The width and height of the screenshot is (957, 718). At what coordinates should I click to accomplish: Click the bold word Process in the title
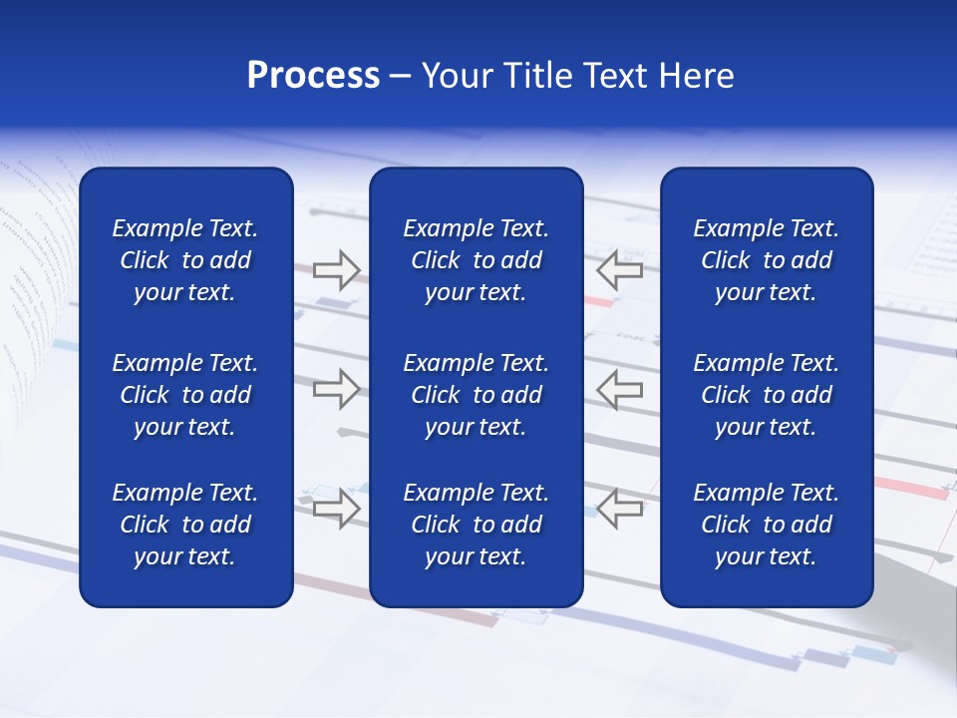tap(313, 76)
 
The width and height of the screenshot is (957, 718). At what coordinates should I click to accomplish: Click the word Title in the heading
tap(536, 76)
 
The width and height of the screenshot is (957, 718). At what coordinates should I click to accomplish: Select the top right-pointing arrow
tap(336, 269)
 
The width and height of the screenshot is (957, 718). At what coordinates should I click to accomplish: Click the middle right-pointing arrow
tap(336, 389)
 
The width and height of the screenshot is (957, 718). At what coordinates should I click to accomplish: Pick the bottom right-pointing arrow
tap(336, 508)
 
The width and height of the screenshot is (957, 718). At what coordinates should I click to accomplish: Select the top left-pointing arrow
tap(620, 269)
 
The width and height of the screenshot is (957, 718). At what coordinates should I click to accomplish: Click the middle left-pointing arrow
tap(620, 389)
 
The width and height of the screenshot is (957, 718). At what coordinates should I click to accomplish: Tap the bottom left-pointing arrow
tap(620, 508)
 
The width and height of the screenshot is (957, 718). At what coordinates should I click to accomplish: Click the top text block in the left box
tap(185, 260)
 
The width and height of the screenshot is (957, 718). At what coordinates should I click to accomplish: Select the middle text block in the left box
tap(185, 395)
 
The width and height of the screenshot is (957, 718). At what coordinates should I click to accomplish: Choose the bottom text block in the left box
tap(185, 525)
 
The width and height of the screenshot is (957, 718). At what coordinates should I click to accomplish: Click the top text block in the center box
tap(476, 260)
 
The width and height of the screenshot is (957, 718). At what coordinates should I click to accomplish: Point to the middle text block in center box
tap(476, 395)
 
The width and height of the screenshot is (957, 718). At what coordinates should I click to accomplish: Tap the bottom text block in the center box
tap(476, 525)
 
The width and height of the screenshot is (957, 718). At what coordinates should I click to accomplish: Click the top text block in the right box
tap(766, 260)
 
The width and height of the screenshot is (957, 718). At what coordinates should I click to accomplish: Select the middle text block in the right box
tap(766, 395)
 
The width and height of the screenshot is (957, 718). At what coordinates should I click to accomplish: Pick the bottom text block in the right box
tap(766, 525)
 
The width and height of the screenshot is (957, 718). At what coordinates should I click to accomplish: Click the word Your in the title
tap(458, 76)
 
